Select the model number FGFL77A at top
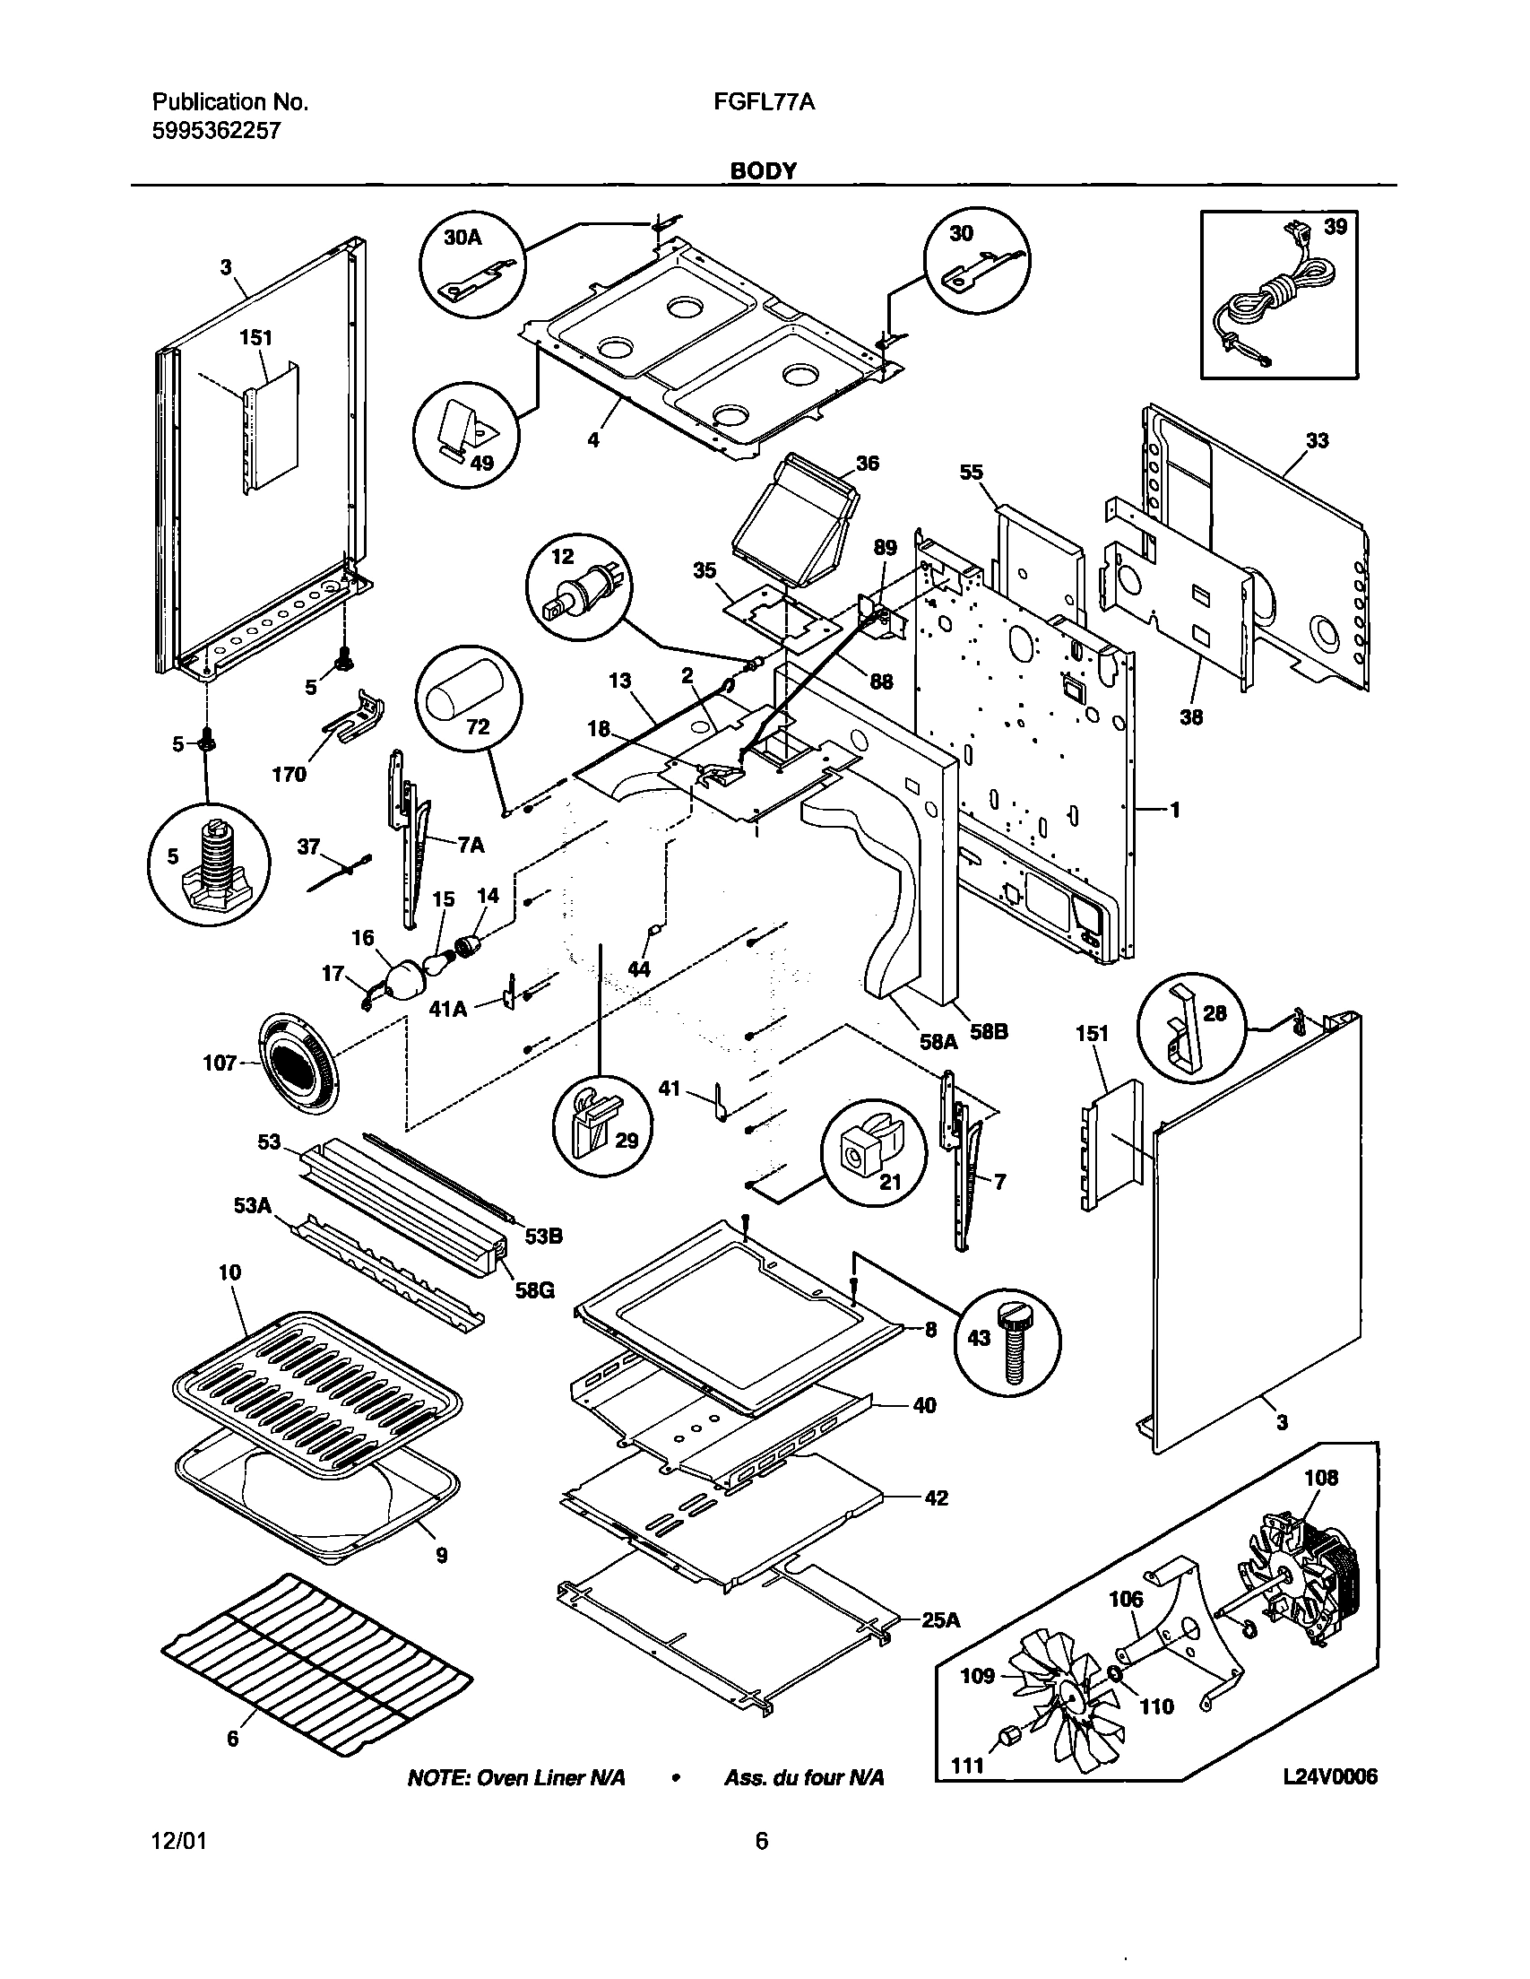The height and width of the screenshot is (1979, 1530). click(x=765, y=102)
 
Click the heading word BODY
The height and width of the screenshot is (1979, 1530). click(x=764, y=170)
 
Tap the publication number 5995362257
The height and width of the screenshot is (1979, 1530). click(x=216, y=131)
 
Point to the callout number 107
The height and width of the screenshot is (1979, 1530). click(x=220, y=1063)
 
